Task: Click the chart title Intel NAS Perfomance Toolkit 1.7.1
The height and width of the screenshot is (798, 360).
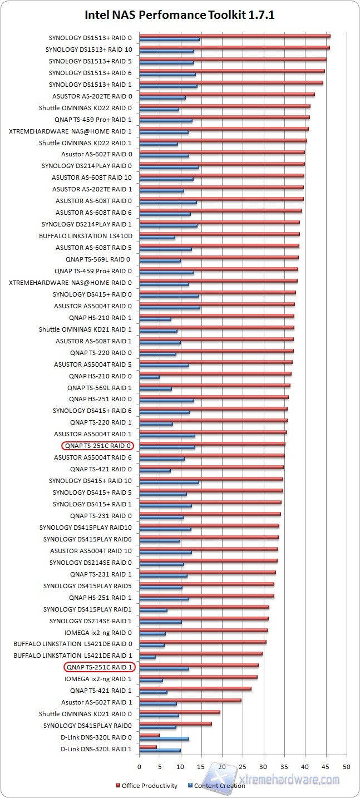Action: (x=180, y=16)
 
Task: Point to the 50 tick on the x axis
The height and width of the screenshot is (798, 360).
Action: (x=347, y=767)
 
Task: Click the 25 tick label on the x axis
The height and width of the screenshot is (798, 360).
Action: (x=243, y=767)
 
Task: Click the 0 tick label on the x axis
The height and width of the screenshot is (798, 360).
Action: (x=139, y=767)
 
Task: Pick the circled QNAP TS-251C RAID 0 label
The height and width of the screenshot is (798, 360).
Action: (x=98, y=446)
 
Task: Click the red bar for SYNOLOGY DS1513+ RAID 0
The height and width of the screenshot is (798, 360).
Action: (x=234, y=36)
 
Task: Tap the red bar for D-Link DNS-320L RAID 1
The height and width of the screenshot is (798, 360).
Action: (x=148, y=747)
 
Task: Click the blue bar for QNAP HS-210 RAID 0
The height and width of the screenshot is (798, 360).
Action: (x=149, y=378)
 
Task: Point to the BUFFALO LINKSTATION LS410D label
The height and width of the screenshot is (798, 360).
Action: (x=89, y=236)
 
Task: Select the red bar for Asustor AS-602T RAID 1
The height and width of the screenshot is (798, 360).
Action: (x=190, y=700)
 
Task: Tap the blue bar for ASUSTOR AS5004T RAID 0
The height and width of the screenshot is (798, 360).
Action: (x=169, y=308)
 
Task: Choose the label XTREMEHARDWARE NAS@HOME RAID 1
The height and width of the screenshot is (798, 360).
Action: (x=71, y=131)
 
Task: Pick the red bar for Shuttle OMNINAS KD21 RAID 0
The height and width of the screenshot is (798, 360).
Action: (x=179, y=712)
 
